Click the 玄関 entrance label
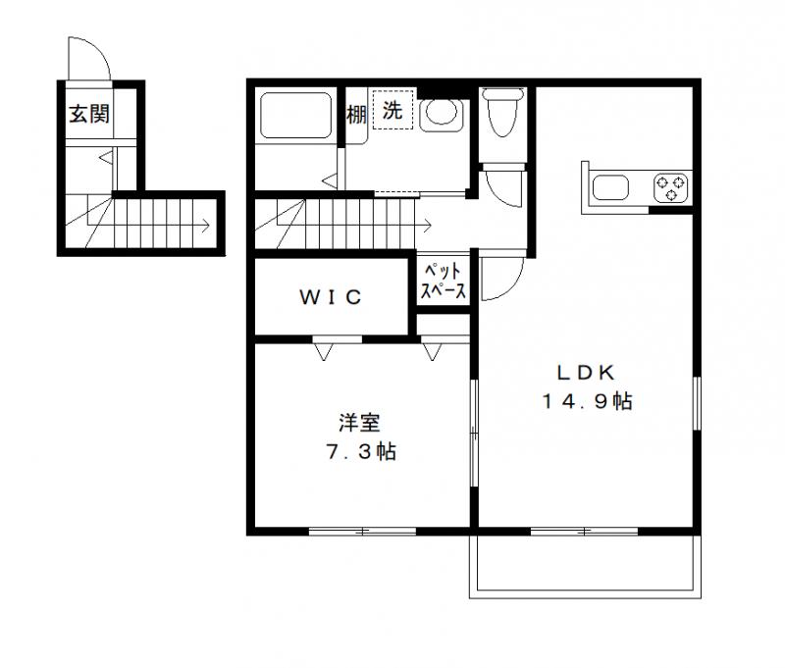pos(88,114)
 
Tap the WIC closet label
pos(331,296)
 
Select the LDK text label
pos(586,373)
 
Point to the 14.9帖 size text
pos(586,400)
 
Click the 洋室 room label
pos(360,423)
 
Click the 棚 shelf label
pos(356,114)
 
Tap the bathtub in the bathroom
pos(294,116)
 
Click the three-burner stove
pos(672,187)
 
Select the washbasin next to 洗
pos(439,114)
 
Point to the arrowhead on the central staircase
pos(430,225)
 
